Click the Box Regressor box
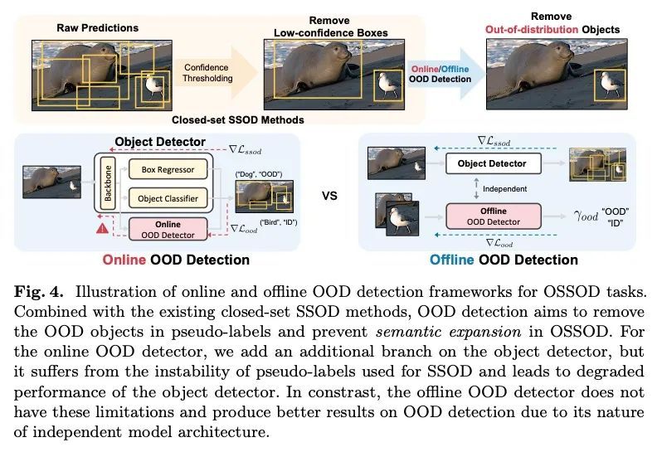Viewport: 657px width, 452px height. coord(168,169)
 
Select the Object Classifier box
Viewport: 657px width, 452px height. coord(168,198)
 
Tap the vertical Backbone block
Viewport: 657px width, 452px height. coord(108,183)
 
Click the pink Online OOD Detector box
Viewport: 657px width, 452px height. coord(168,229)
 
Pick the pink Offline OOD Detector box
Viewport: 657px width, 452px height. coord(494,216)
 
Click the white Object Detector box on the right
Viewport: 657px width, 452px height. coord(493,163)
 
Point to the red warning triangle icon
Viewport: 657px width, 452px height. coord(102,228)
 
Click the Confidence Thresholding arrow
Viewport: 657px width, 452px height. coord(217,73)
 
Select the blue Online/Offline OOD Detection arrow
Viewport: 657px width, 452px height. coord(445,73)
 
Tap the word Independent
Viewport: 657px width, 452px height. coord(504,189)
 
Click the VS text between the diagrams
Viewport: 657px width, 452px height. coord(329,196)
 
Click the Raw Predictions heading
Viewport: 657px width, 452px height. coord(98,28)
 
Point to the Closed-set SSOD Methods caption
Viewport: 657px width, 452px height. coord(237,120)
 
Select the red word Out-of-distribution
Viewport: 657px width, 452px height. coord(532,30)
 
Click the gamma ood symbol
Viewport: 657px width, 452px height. coord(586,216)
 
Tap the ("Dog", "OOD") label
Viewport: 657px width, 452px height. coord(259,174)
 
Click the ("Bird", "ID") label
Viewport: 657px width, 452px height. coord(279,222)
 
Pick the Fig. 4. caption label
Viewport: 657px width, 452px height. coord(38,292)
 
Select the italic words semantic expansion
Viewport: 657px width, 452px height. coord(448,332)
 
